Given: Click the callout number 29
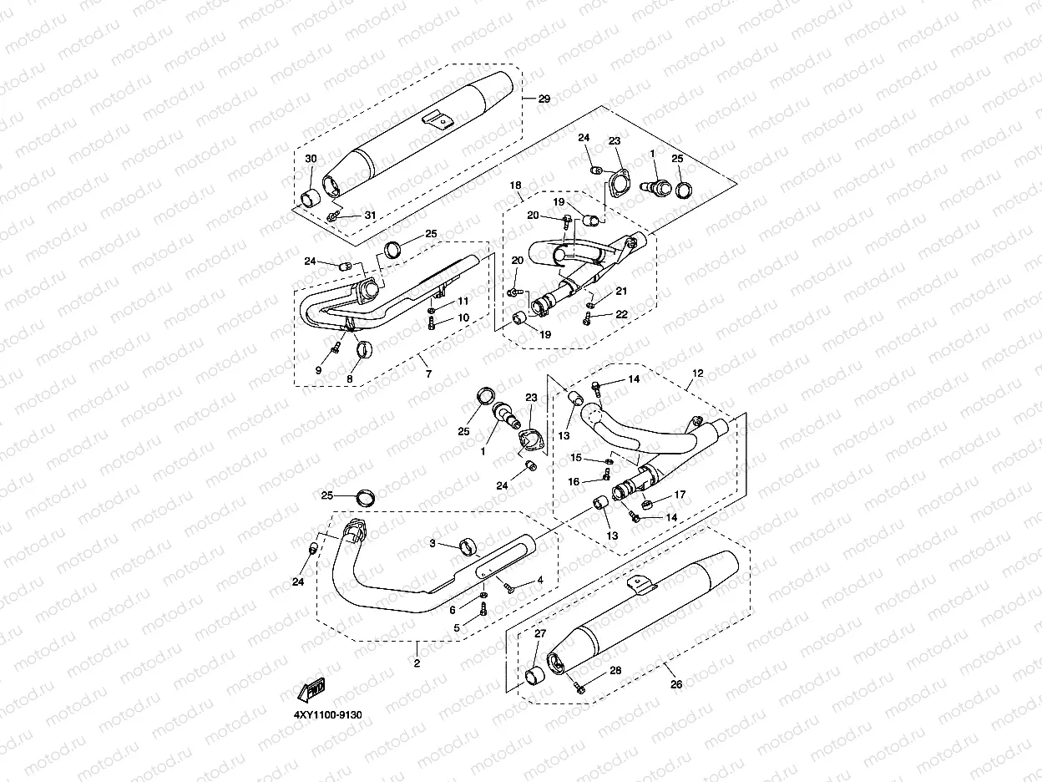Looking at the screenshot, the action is [544, 99].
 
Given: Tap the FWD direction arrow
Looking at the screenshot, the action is [311, 689].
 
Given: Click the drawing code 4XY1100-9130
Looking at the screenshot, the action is [328, 715].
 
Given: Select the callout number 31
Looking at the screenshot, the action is [370, 215].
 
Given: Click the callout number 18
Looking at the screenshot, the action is [515, 185].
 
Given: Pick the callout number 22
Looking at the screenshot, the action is [621, 314].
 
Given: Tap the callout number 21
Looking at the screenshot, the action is [621, 291].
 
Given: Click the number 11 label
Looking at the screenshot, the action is [463, 301].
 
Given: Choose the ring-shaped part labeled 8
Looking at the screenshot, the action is [364, 350].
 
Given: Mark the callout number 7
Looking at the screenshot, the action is [428, 374].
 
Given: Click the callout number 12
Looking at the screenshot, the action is [697, 373].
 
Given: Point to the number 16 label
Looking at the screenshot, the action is [574, 482].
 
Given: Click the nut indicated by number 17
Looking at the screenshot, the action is [646, 503].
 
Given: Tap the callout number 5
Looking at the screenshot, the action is [457, 627].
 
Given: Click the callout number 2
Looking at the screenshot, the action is [417, 663].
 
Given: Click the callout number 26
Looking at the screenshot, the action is [676, 684].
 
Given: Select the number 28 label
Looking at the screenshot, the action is [615, 670].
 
